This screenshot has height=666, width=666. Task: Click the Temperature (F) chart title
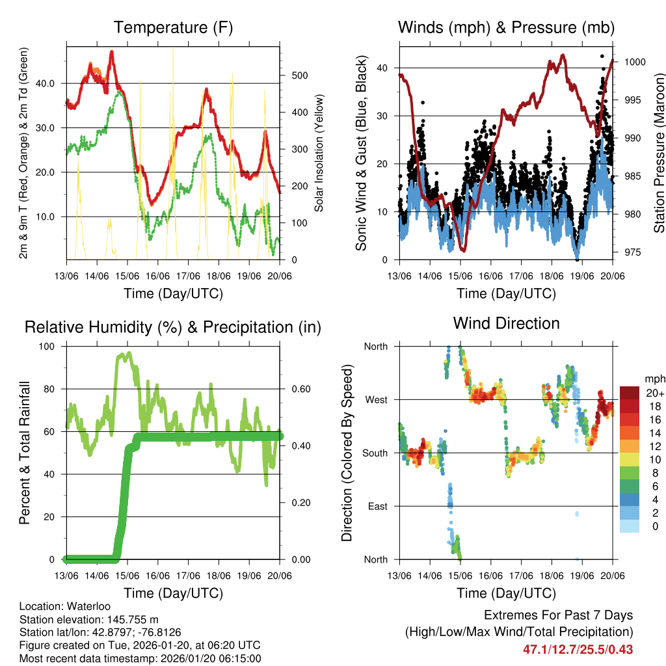click(173, 28)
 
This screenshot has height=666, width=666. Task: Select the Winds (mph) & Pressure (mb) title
click(506, 28)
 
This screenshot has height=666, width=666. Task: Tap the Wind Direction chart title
click(506, 323)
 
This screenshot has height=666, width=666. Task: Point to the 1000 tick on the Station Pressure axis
click(634, 62)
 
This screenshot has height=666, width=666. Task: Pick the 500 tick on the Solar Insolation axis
click(299, 75)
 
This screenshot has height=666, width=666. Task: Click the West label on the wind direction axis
click(375, 400)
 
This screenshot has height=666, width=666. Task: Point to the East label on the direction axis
click(376, 507)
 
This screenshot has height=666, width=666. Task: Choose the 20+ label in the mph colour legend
click(654, 393)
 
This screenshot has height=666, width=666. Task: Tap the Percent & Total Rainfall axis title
click(24, 453)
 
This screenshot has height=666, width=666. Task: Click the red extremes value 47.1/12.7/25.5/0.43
click(578, 649)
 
